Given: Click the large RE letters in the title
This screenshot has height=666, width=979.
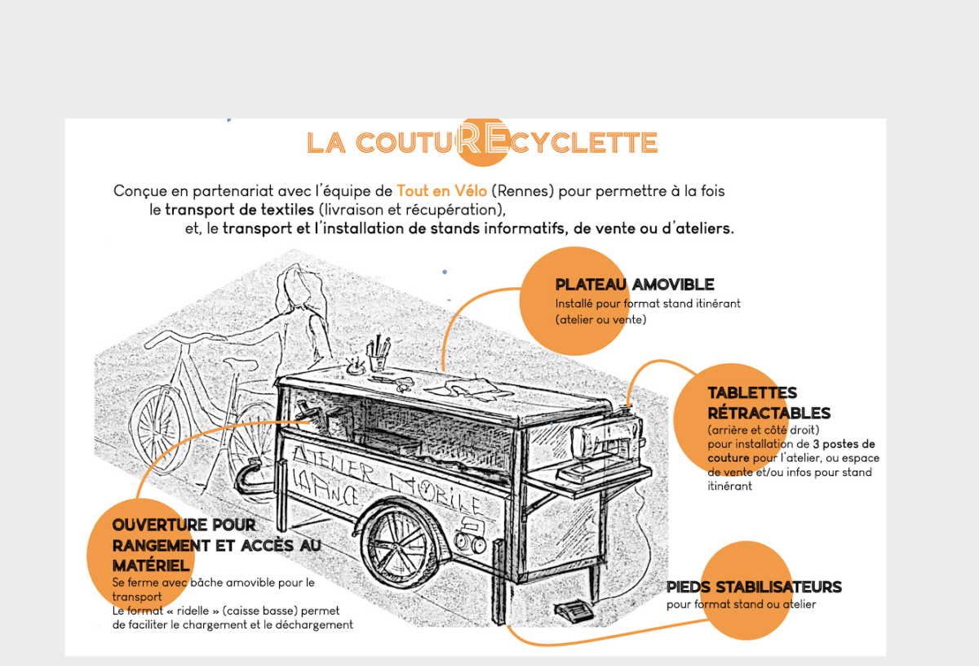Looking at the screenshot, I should click(x=482, y=138).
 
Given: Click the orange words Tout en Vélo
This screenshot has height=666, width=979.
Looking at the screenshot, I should click(x=441, y=191).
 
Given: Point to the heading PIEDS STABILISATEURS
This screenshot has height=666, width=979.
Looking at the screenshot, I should click(x=754, y=588).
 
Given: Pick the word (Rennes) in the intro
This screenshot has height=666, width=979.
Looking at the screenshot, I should click(x=519, y=191).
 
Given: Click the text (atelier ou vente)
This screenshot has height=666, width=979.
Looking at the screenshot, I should click(x=600, y=320).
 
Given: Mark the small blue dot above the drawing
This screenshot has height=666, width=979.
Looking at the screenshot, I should click(x=444, y=272).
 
